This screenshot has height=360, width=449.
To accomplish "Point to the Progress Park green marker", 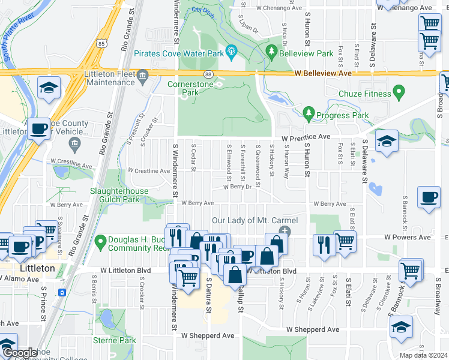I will coord(309,112).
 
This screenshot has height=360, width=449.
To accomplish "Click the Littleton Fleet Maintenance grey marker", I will coord(142,75).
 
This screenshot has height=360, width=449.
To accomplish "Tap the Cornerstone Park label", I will coord(190,88).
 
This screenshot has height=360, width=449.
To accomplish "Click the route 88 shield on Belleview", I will coord(208,73).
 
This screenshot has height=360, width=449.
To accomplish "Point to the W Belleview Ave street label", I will coord(322,73).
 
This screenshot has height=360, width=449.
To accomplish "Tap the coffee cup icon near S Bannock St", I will coord(430,199).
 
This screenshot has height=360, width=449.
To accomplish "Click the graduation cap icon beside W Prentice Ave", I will coord(387,142).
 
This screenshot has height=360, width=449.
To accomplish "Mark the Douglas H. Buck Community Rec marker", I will coord(101,242).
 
